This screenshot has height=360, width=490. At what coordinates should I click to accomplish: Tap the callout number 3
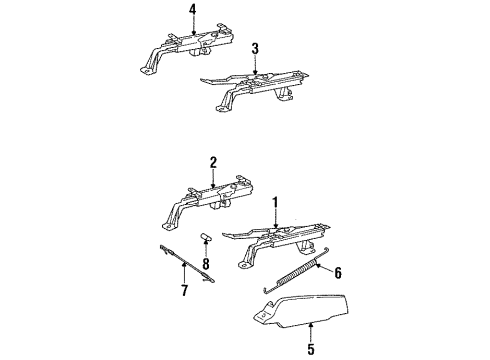255,47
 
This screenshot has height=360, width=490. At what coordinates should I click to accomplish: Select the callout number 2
213,162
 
